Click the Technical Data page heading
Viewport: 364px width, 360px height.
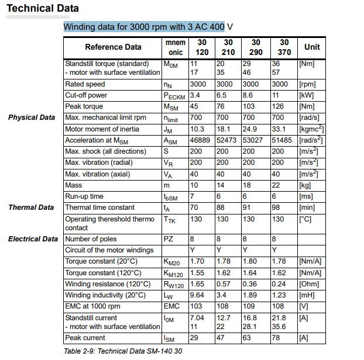pos(42,9)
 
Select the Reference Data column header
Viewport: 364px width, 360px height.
pos(113,47)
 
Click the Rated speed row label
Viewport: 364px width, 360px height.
pos(85,84)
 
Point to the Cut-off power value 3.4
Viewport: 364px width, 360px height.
pos(195,95)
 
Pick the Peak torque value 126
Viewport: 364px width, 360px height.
pos(278,106)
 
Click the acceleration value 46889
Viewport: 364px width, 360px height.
pos(200,140)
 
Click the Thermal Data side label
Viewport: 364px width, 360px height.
pos(31,207)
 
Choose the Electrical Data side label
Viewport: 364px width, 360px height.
pos(33,239)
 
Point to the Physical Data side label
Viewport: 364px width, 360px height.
pos(32,117)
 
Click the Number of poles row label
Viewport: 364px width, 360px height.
pos(91,239)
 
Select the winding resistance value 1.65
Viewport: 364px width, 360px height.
pos(197,283)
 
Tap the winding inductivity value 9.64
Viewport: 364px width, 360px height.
pos(197,295)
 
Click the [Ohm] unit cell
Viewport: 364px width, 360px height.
pos(308,283)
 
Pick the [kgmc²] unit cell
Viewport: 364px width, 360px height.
pos(310,129)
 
